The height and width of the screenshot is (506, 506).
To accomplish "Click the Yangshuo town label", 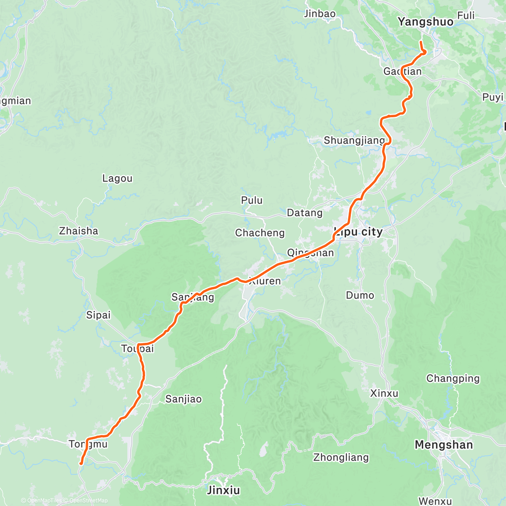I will pos(426,22).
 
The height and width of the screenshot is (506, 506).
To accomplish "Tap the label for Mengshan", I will pos(444,445).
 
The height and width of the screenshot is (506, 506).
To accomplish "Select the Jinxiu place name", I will pos(223,490).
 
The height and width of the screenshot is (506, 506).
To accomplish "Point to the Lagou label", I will pos(117,178).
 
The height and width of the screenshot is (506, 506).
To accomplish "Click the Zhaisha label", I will pos(78,231).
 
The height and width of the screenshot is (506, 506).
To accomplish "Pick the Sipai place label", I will pos(98,315).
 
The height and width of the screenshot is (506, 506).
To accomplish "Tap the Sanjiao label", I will pos(183,399).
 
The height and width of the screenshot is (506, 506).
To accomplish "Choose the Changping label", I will pos(453,378).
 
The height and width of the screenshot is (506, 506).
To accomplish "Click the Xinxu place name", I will pos(384,393).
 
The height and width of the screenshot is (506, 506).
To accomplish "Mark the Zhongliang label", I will pos(341,457).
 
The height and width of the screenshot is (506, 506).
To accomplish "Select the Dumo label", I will pos(360,295).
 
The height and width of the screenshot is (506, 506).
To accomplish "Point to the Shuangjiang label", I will pos(354,140).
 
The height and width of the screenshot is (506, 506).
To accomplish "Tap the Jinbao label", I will pos(320,14).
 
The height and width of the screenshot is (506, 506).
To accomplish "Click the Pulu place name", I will pos(252,200).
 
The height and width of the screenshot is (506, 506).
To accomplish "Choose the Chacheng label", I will pos(260,233).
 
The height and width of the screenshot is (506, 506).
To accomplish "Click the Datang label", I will pos(304,213).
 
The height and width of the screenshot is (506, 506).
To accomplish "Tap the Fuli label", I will pos(466,16).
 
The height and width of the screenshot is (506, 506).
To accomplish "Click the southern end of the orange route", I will pos(81,464).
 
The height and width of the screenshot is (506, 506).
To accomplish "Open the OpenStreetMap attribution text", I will pos(88,501).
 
